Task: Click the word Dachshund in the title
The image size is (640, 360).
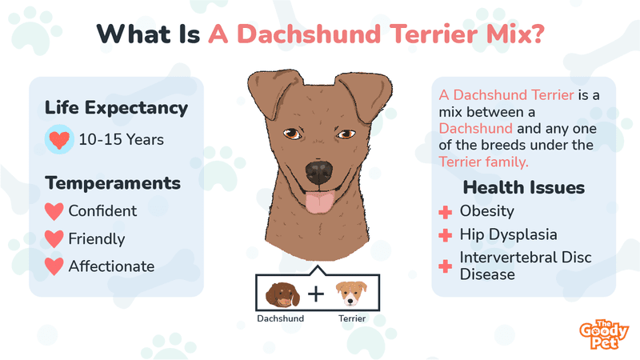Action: pos(309,34)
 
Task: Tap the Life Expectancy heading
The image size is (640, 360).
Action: pos(116,109)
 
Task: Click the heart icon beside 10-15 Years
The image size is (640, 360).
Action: pos(59,139)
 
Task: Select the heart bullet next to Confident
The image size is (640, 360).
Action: pos(54,211)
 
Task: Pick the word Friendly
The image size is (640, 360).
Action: pos(97,239)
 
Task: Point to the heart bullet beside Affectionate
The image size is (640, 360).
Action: pos(54,266)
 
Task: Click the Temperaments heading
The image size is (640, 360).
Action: pos(113,183)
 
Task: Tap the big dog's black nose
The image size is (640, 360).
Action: pos(319,172)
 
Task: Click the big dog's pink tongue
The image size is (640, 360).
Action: pos(320,203)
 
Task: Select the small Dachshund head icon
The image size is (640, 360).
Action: pos(282,294)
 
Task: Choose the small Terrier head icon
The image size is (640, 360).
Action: pos(351,293)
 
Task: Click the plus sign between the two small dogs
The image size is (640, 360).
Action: pos(316,294)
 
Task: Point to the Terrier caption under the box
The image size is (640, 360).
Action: pos(352,318)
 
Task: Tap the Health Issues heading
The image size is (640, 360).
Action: pos(524,188)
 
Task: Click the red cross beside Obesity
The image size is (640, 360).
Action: pos(446,212)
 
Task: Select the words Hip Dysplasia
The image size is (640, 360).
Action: pos(508,235)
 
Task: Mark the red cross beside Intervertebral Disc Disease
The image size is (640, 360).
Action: pos(446,266)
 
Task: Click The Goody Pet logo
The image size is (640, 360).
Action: pos(604,334)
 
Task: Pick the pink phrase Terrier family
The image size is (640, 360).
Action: pos(483,162)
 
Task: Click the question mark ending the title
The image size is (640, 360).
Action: pos(537,34)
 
